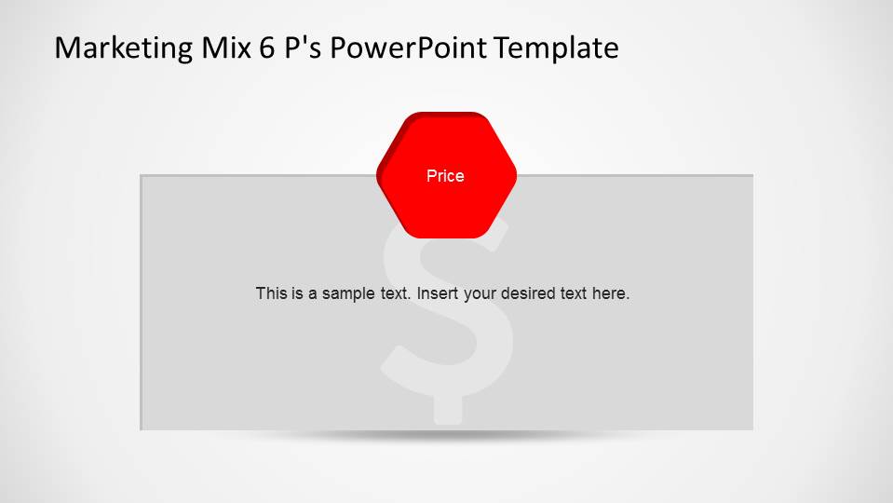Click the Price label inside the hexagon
(445, 176)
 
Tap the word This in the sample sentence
(270, 293)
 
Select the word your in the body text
(480, 293)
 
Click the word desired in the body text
(528, 293)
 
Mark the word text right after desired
(573, 293)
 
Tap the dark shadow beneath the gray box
(447, 436)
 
